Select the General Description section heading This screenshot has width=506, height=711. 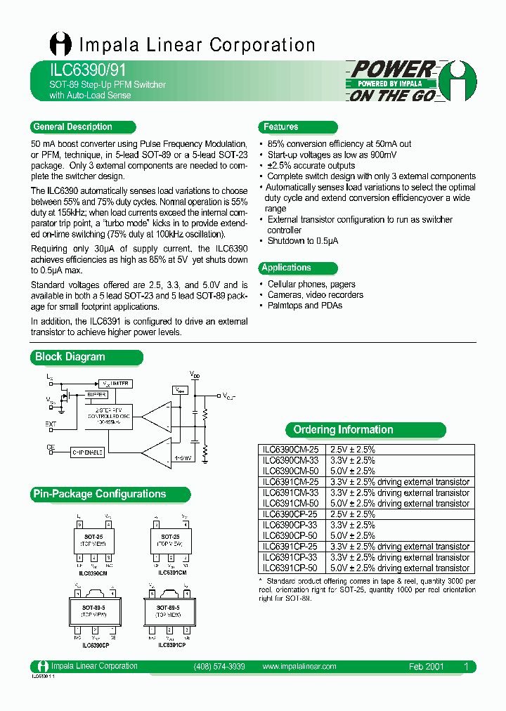tap(72, 127)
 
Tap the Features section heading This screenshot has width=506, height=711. tap(280, 127)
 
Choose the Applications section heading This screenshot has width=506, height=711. tap(286, 268)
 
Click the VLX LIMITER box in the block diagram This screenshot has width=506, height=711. tap(115, 384)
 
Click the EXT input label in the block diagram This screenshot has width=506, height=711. tap(50, 424)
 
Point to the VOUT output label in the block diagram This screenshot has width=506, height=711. tap(229, 396)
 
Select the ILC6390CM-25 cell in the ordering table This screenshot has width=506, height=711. tap(290, 450)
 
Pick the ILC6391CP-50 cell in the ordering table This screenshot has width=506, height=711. tap(290, 568)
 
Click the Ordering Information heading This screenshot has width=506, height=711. tap(343, 430)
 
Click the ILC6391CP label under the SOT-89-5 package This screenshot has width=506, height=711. tap(171, 645)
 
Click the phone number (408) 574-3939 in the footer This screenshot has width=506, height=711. tap(219, 666)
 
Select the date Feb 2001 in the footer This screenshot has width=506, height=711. tap(427, 666)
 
